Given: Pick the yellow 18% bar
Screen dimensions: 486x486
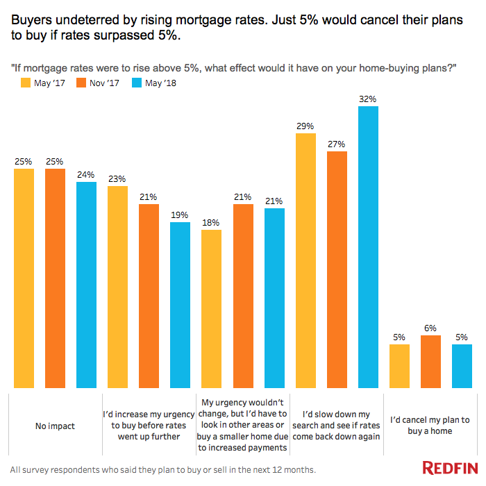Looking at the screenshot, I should click(x=211, y=309).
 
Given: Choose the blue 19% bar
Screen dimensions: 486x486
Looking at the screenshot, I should click(x=180, y=305).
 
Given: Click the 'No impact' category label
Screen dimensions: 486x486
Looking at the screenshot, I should click(x=55, y=425).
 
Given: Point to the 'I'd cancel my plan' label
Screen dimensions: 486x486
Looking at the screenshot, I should click(x=430, y=425).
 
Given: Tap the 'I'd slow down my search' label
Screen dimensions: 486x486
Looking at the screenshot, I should click(x=336, y=425).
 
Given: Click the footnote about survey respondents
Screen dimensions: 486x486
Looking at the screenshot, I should click(x=163, y=469).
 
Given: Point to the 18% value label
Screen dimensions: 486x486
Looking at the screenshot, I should click(x=211, y=223).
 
